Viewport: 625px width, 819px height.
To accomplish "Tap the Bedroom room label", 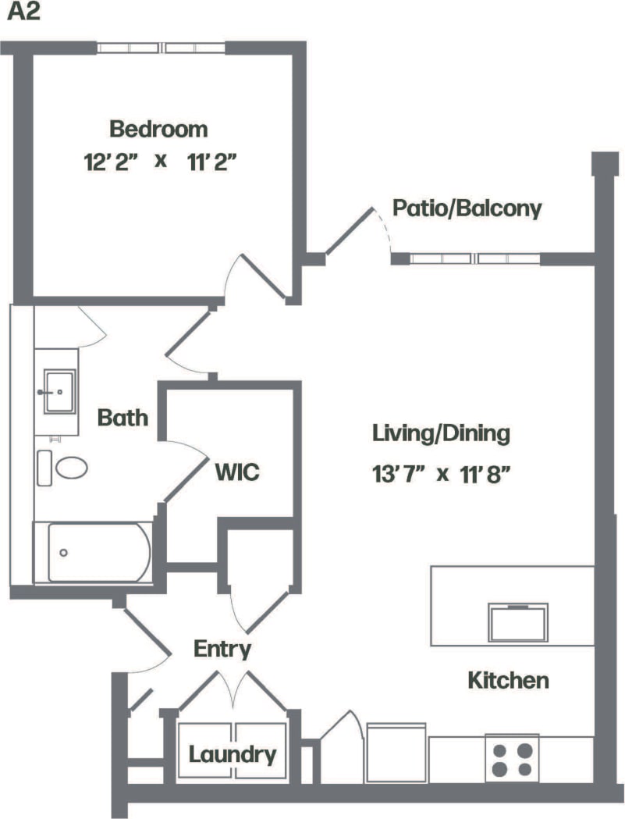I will click(x=158, y=128).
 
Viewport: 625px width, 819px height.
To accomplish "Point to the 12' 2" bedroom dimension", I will click(x=112, y=162).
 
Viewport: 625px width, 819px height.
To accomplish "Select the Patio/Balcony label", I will click(x=467, y=208).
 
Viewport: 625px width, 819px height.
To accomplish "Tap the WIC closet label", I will click(x=237, y=472).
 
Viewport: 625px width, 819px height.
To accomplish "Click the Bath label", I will click(x=123, y=418).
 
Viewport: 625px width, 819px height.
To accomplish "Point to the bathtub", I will click(x=98, y=552).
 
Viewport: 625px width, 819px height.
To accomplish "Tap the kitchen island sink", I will click(x=517, y=621).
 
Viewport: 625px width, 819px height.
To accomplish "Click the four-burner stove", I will click(x=513, y=758).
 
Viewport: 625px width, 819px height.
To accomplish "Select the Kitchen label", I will click(x=508, y=680).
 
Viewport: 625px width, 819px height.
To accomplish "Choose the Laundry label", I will click(x=233, y=755).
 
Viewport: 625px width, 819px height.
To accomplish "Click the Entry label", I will click(x=222, y=649).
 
